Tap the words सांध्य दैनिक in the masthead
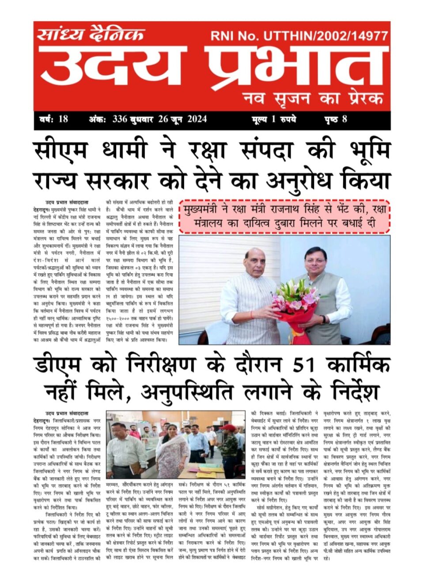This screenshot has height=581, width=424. click(91, 34)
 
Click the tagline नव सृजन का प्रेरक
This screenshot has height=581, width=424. click(313, 98)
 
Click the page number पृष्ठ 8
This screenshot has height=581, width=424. click(336, 119)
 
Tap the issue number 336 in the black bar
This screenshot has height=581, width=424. click(120, 119)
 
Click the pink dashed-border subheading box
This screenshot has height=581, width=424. click(284, 216)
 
